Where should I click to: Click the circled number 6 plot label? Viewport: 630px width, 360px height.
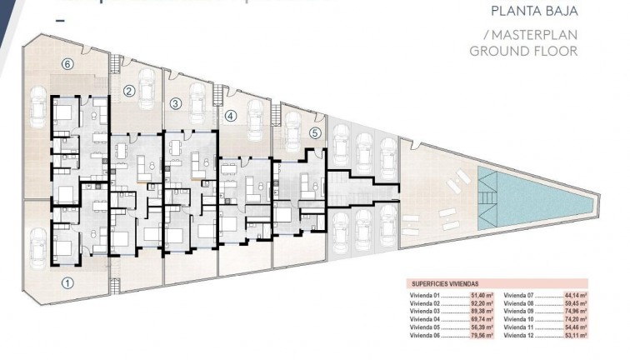point(68,63)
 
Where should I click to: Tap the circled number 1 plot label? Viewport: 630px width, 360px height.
point(68,282)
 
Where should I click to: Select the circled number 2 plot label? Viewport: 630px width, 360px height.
point(129,91)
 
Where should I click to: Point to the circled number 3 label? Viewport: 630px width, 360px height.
point(175,104)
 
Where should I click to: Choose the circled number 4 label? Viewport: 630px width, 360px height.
point(231,116)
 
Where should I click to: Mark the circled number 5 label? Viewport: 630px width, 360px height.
point(314,132)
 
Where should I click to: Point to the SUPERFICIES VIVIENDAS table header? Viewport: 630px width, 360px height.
point(446,284)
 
